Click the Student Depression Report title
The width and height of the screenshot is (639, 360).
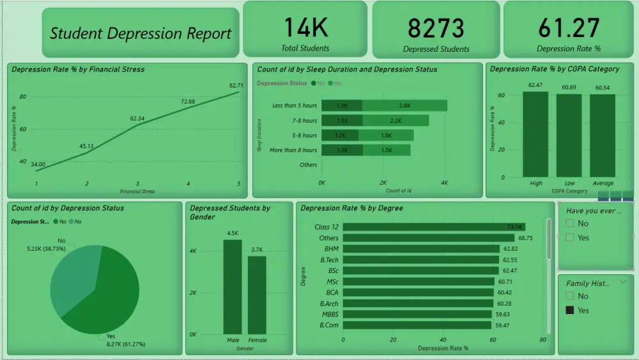[x=141, y=34]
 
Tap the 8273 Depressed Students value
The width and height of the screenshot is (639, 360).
[x=436, y=28]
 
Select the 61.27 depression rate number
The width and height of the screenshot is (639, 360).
[x=568, y=28]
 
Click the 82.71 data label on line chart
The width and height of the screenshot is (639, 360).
[x=236, y=85]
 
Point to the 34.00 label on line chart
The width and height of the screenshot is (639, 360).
[x=38, y=164]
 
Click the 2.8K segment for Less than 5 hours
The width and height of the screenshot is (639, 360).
[x=404, y=106]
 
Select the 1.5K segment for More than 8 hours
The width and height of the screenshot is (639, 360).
[x=387, y=150]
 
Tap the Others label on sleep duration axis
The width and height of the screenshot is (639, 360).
[x=308, y=165]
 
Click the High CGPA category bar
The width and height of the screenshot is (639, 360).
[x=535, y=134]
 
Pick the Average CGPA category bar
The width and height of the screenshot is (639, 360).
[x=602, y=135]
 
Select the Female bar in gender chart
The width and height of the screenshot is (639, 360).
[x=257, y=295]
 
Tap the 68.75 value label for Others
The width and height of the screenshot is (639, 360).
[x=525, y=238]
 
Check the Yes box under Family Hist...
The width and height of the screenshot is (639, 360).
[x=570, y=310]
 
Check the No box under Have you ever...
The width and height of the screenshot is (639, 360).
[x=570, y=224]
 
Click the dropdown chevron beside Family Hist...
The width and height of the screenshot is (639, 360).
[x=624, y=281]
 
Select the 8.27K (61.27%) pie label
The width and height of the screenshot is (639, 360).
[x=126, y=344]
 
